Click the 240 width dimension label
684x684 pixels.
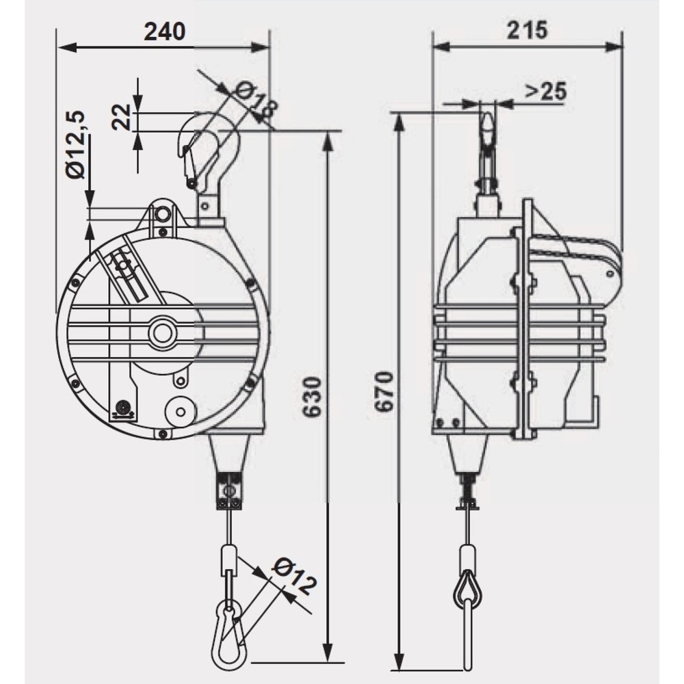click(164, 31)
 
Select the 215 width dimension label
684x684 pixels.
click(527, 30)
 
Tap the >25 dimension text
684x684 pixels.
click(546, 91)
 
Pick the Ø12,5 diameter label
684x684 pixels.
click(75, 144)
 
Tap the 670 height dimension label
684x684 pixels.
click(384, 392)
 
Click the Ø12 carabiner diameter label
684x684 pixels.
click(293, 577)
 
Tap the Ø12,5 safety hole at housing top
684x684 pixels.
click(163, 214)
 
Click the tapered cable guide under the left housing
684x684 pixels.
click(229, 451)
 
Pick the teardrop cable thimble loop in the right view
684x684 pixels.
click(468, 585)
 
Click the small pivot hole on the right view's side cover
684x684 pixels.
click(611, 274)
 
